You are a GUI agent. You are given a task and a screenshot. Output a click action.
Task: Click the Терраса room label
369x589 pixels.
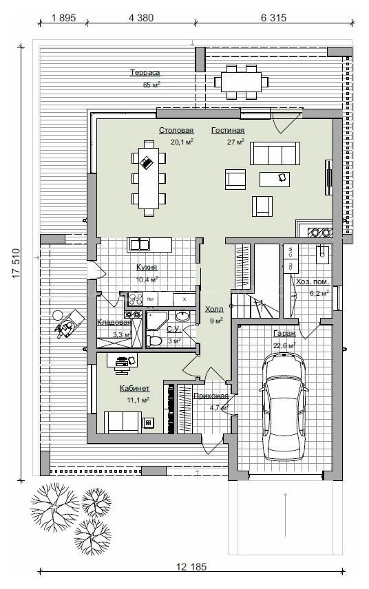tap(145, 72)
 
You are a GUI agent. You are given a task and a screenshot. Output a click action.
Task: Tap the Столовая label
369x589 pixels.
tap(176, 130)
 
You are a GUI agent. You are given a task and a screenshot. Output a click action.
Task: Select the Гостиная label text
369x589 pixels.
tap(228, 130)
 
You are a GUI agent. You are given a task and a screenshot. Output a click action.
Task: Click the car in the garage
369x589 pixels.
tap(284, 407)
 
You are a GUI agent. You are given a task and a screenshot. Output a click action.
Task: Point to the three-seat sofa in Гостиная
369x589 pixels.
tap(275, 153)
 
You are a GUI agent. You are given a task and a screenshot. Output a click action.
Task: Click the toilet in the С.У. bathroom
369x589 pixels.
tap(154, 341)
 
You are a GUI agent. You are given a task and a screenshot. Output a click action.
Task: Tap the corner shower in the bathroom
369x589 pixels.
tap(157, 321)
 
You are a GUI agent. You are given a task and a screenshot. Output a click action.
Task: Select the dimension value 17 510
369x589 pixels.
tap(15, 264)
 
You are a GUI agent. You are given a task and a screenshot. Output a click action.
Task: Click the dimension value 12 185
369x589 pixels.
tap(191, 566)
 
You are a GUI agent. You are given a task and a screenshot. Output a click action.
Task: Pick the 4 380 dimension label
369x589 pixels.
tap(141, 18)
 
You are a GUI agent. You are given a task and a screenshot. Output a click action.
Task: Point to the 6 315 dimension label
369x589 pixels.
tap(273, 18)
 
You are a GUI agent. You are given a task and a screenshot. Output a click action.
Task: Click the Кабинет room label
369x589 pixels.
tap(134, 388)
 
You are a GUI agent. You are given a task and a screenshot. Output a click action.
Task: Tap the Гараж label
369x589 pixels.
tap(284, 333)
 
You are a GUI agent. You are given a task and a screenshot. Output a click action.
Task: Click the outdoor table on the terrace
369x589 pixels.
tap(241, 82)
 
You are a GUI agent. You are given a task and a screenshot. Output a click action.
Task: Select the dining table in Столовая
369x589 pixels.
tap(149, 178)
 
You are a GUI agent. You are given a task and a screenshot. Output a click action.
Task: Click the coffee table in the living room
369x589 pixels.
tap(275, 179)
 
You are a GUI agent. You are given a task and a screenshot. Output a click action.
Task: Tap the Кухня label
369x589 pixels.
tap(147, 267)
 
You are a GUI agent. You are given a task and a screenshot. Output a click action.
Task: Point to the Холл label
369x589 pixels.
tap(214, 309)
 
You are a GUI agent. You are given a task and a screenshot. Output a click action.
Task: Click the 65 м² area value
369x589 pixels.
tap(151, 85)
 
